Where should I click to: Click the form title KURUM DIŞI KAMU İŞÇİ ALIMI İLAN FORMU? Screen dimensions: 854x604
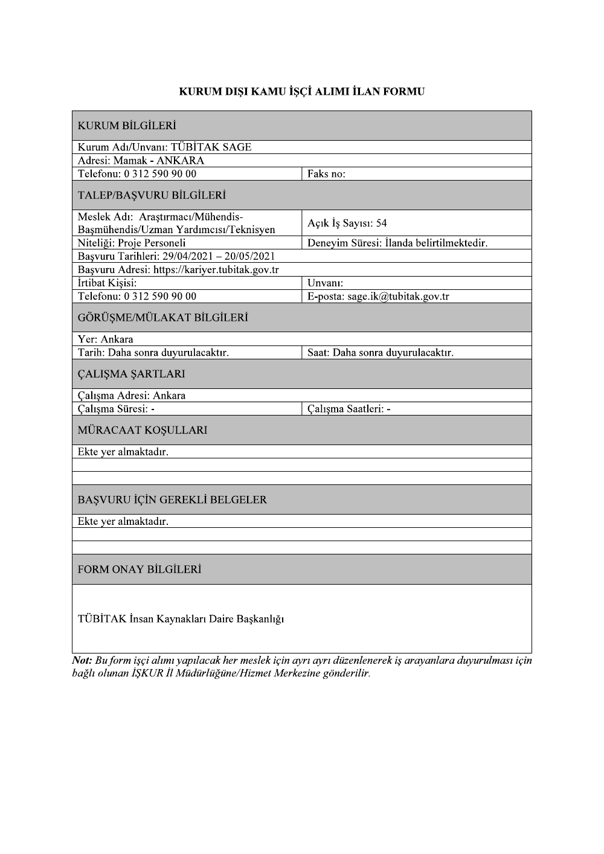pos(301,92)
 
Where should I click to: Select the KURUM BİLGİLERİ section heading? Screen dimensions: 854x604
pos(127,126)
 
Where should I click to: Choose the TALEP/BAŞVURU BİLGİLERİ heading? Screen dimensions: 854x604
pos(152,196)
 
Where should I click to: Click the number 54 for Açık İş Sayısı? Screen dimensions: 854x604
pos(381,223)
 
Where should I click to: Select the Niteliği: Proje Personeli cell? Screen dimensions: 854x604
pos(132,243)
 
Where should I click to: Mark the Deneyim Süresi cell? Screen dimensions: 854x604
pos(397,243)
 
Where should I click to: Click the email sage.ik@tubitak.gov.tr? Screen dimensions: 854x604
pos(398,297)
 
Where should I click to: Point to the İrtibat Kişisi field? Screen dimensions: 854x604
pos(108,283)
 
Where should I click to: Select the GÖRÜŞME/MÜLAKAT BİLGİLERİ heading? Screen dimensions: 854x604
pos(163,318)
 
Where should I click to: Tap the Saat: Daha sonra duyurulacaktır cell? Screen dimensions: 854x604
pos(380,353)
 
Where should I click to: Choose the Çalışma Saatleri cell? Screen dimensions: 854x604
pos(349,409)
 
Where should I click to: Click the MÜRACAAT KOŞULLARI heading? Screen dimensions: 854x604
pos(143,431)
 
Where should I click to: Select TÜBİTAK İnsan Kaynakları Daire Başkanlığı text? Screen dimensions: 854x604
pos(181,619)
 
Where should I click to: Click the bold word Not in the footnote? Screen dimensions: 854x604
pos(82,660)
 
